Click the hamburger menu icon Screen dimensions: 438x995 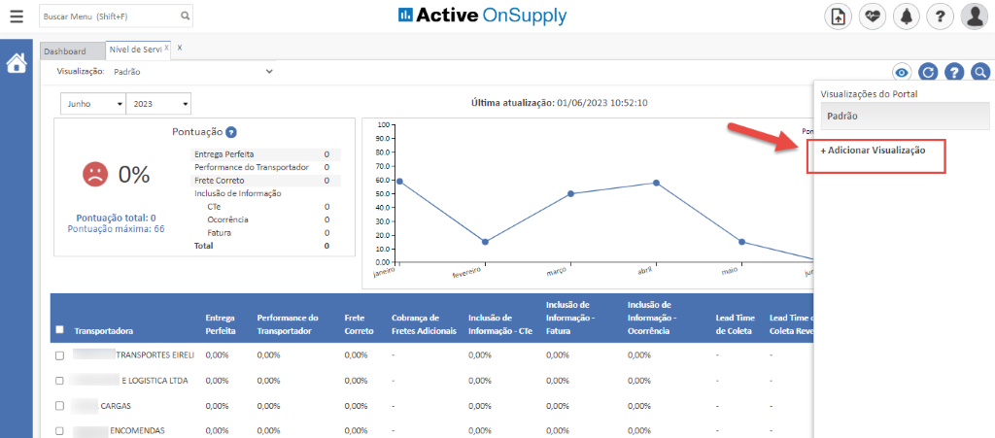(17, 17)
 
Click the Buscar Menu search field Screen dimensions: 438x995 (109, 17)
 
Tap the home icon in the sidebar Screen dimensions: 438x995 (17, 64)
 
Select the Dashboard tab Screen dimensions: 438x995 (65, 51)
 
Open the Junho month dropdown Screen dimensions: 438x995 (93, 104)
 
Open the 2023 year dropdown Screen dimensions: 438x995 (158, 104)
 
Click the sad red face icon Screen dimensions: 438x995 (94, 174)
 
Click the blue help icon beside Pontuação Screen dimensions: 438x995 (231, 132)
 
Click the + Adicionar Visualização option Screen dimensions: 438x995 (873, 151)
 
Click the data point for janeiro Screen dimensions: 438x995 (399, 182)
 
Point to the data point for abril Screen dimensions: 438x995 (656, 183)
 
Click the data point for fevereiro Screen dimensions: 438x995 (485, 242)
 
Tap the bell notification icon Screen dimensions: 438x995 (906, 17)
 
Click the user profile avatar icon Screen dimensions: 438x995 (974, 17)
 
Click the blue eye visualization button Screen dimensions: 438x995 (902, 72)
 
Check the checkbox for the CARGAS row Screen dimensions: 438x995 (59, 406)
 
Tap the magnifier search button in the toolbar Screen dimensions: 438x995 (979, 72)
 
